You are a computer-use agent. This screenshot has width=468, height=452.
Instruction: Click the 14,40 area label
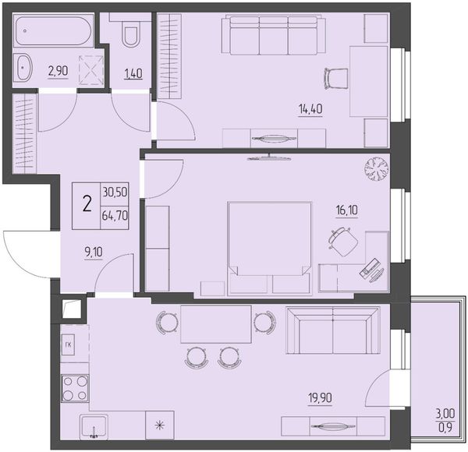pyautogui.click(x=310, y=109)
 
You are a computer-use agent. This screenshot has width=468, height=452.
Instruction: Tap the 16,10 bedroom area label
pyautogui.click(x=347, y=210)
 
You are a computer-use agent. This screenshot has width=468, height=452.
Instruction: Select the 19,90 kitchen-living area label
pyautogui.click(x=320, y=397)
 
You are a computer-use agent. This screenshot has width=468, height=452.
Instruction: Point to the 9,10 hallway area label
pyautogui.click(x=94, y=252)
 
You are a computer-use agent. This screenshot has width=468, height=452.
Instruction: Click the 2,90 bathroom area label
pyautogui.click(x=58, y=71)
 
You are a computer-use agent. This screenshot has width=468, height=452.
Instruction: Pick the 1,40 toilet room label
pyautogui.click(x=133, y=73)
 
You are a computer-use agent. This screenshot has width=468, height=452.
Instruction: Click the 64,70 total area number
pyautogui.click(x=115, y=215)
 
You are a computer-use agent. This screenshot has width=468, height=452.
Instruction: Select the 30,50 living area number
pyautogui.click(x=115, y=192)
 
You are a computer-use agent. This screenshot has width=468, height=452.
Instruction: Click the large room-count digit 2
pyautogui.click(x=87, y=205)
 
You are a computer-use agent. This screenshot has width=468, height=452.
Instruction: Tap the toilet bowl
pyautogui.click(x=131, y=36)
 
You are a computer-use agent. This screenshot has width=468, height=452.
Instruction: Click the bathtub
pyautogui.click(x=53, y=30)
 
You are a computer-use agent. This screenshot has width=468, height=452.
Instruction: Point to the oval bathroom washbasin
pyautogui.click(x=23, y=67)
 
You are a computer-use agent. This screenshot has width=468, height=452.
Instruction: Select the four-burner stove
pyautogui.click(x=75, y=388)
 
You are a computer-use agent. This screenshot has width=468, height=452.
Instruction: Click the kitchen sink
pyautogui.click(x=94, y=426)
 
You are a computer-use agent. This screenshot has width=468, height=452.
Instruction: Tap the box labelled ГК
pyautogui.click(x=68, y=344)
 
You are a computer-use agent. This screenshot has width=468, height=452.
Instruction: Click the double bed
pyautogui.click(x=270, y=249)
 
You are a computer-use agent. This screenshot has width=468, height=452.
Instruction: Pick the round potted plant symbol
pyautogui.click(x=377, y=169)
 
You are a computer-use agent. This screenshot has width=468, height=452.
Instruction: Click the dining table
pyautogui.click(x=216, y=324)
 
